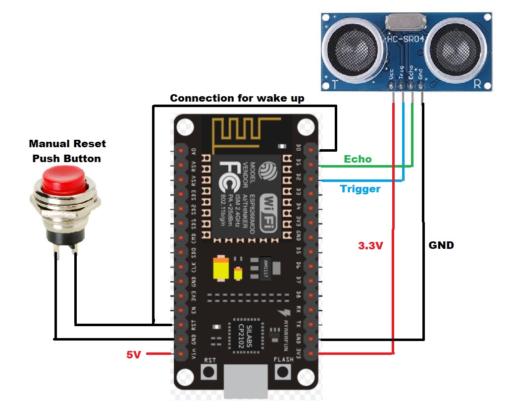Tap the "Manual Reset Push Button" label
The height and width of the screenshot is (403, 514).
coord(67,151)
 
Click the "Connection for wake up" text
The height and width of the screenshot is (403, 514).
coord(237,98)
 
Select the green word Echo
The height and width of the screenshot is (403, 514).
coord(358,159)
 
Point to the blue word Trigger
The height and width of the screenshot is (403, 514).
coord(360,189)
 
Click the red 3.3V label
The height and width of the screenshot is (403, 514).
coord(370,245)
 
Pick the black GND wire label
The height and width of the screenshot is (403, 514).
coord(441,245)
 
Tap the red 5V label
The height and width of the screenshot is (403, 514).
coord(134,354)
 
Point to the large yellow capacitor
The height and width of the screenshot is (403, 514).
coord(220,269)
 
